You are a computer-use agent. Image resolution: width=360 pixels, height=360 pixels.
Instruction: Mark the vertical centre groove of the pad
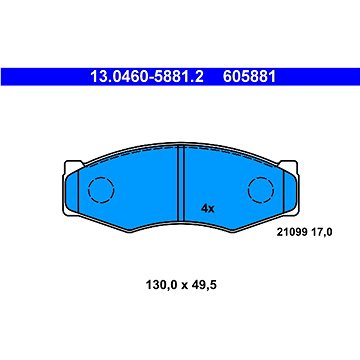[179, 180]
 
